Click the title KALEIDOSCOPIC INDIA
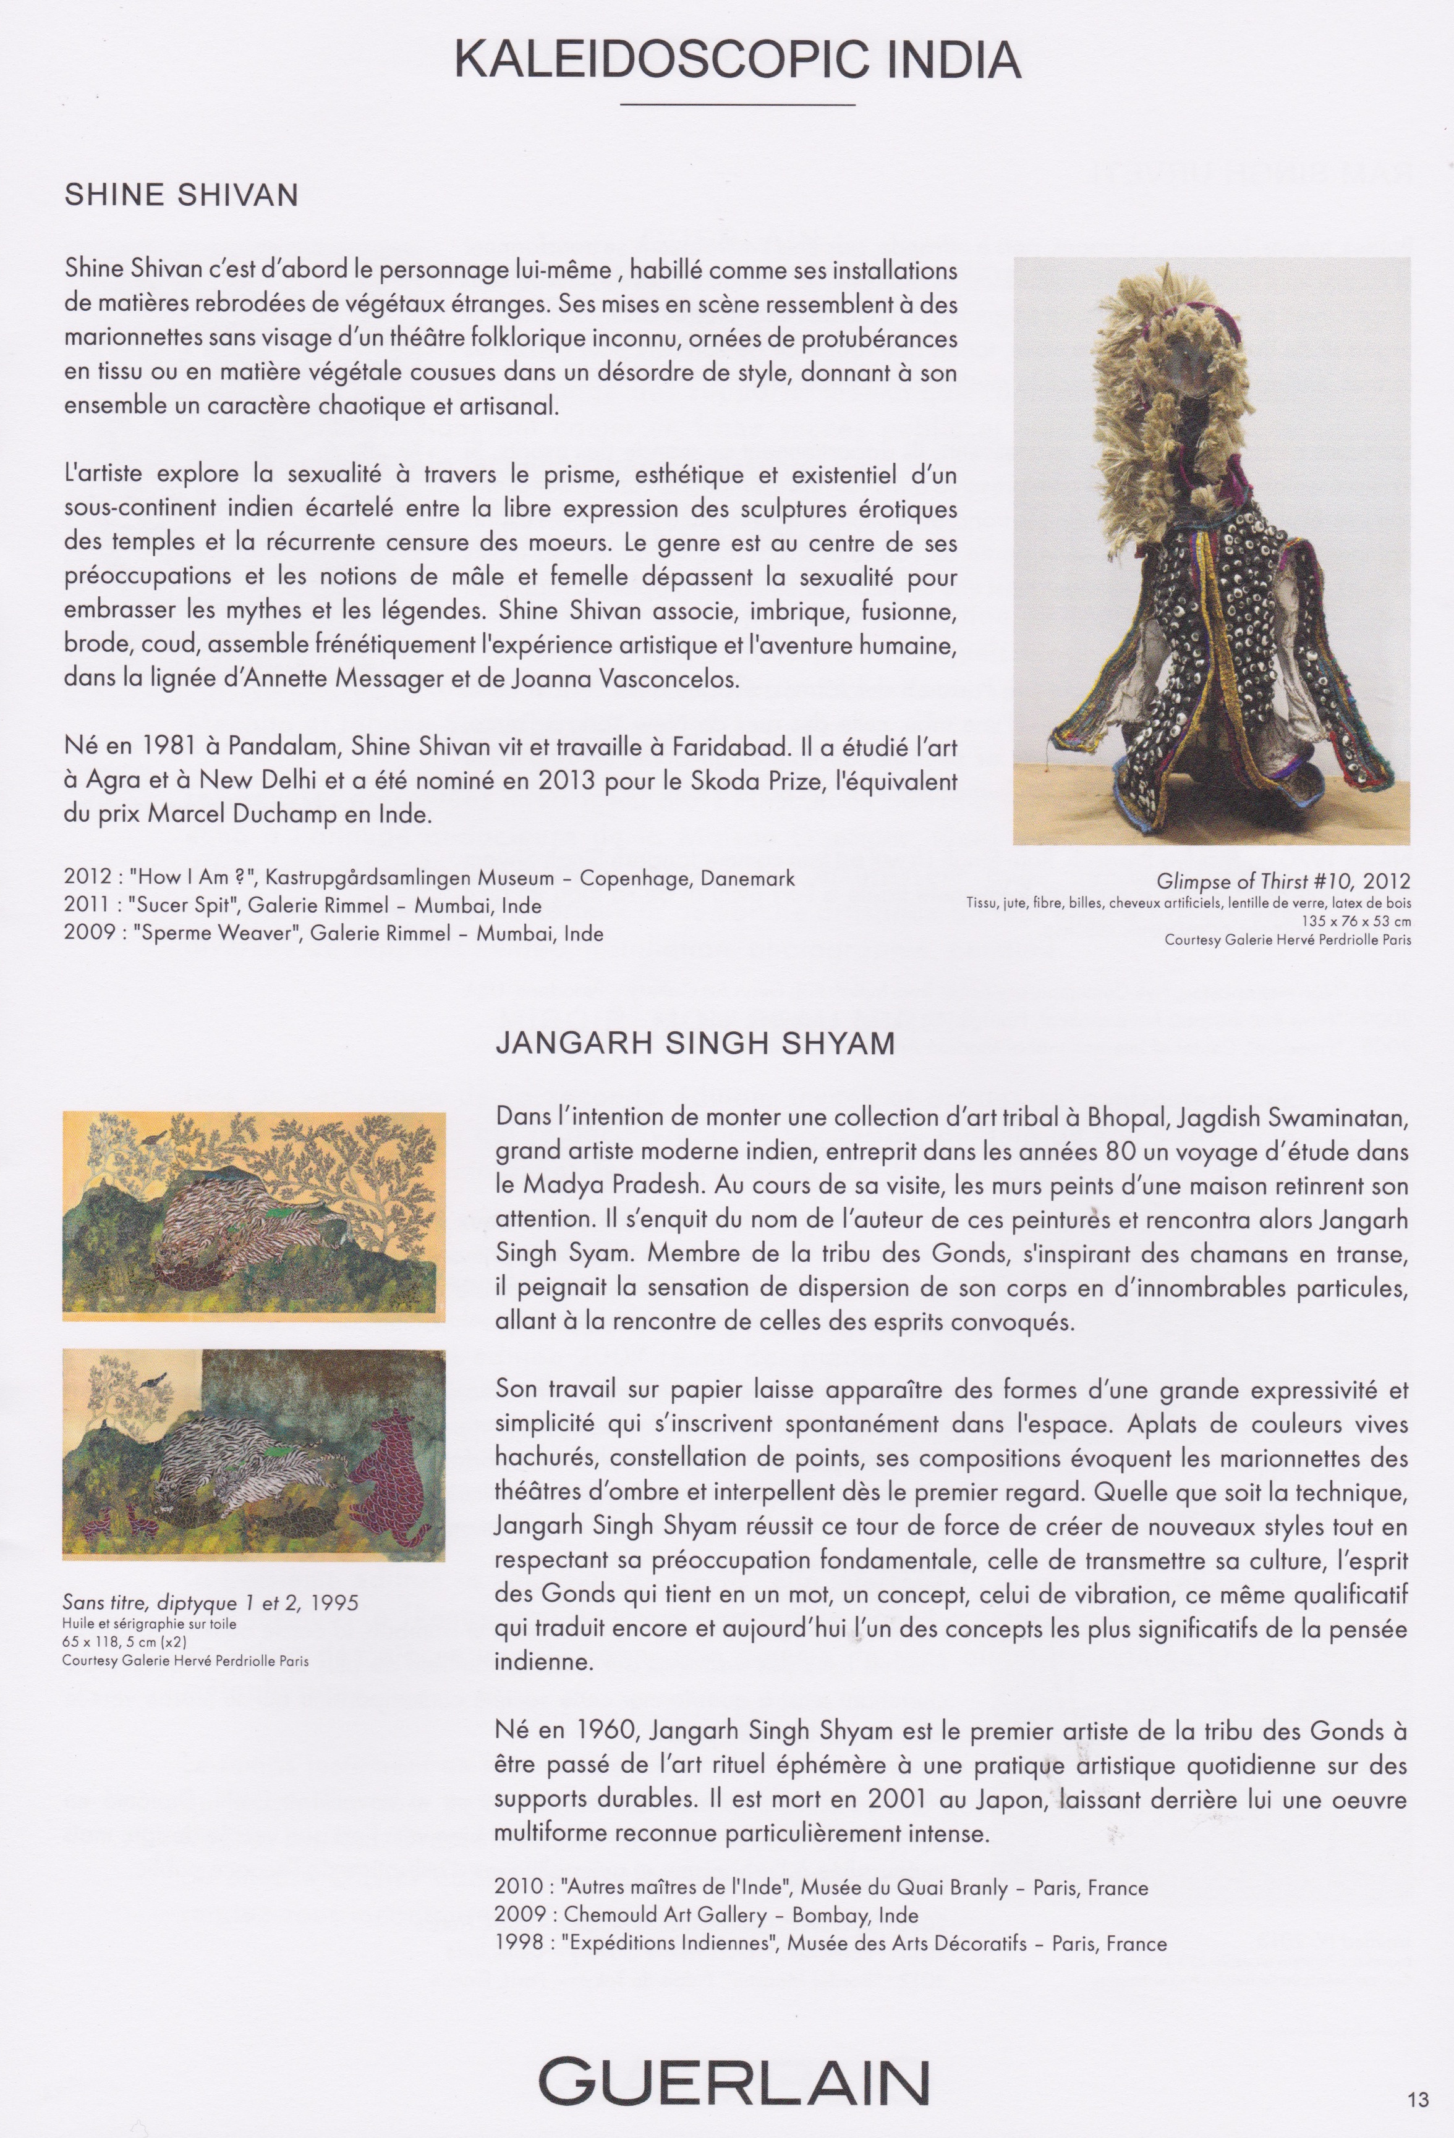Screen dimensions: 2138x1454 coord(737,60)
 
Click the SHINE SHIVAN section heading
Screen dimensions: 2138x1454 coord(181,195)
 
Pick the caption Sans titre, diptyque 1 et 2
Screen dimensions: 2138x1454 coord(210,1603)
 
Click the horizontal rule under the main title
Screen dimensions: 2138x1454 coord(737,105)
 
